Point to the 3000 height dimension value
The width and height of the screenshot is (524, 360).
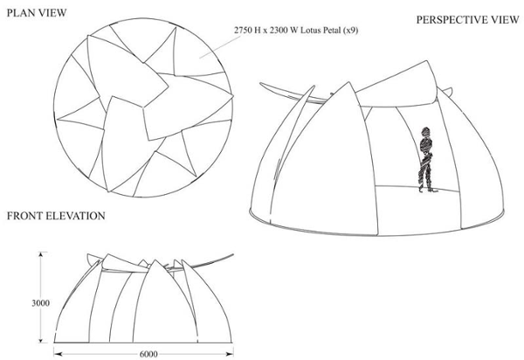41,303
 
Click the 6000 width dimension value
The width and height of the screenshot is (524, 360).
148,354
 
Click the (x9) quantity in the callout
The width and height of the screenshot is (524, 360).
351,31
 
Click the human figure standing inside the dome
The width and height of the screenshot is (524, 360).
426,160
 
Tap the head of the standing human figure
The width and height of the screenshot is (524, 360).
426,131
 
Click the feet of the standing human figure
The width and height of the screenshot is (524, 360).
428,190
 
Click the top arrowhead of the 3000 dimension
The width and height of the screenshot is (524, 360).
41,254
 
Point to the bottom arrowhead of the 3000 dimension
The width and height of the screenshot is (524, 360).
41,340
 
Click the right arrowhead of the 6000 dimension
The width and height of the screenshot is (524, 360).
230,354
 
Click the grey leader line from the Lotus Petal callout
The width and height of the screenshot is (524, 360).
220,47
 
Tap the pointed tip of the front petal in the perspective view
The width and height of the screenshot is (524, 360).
348,82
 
